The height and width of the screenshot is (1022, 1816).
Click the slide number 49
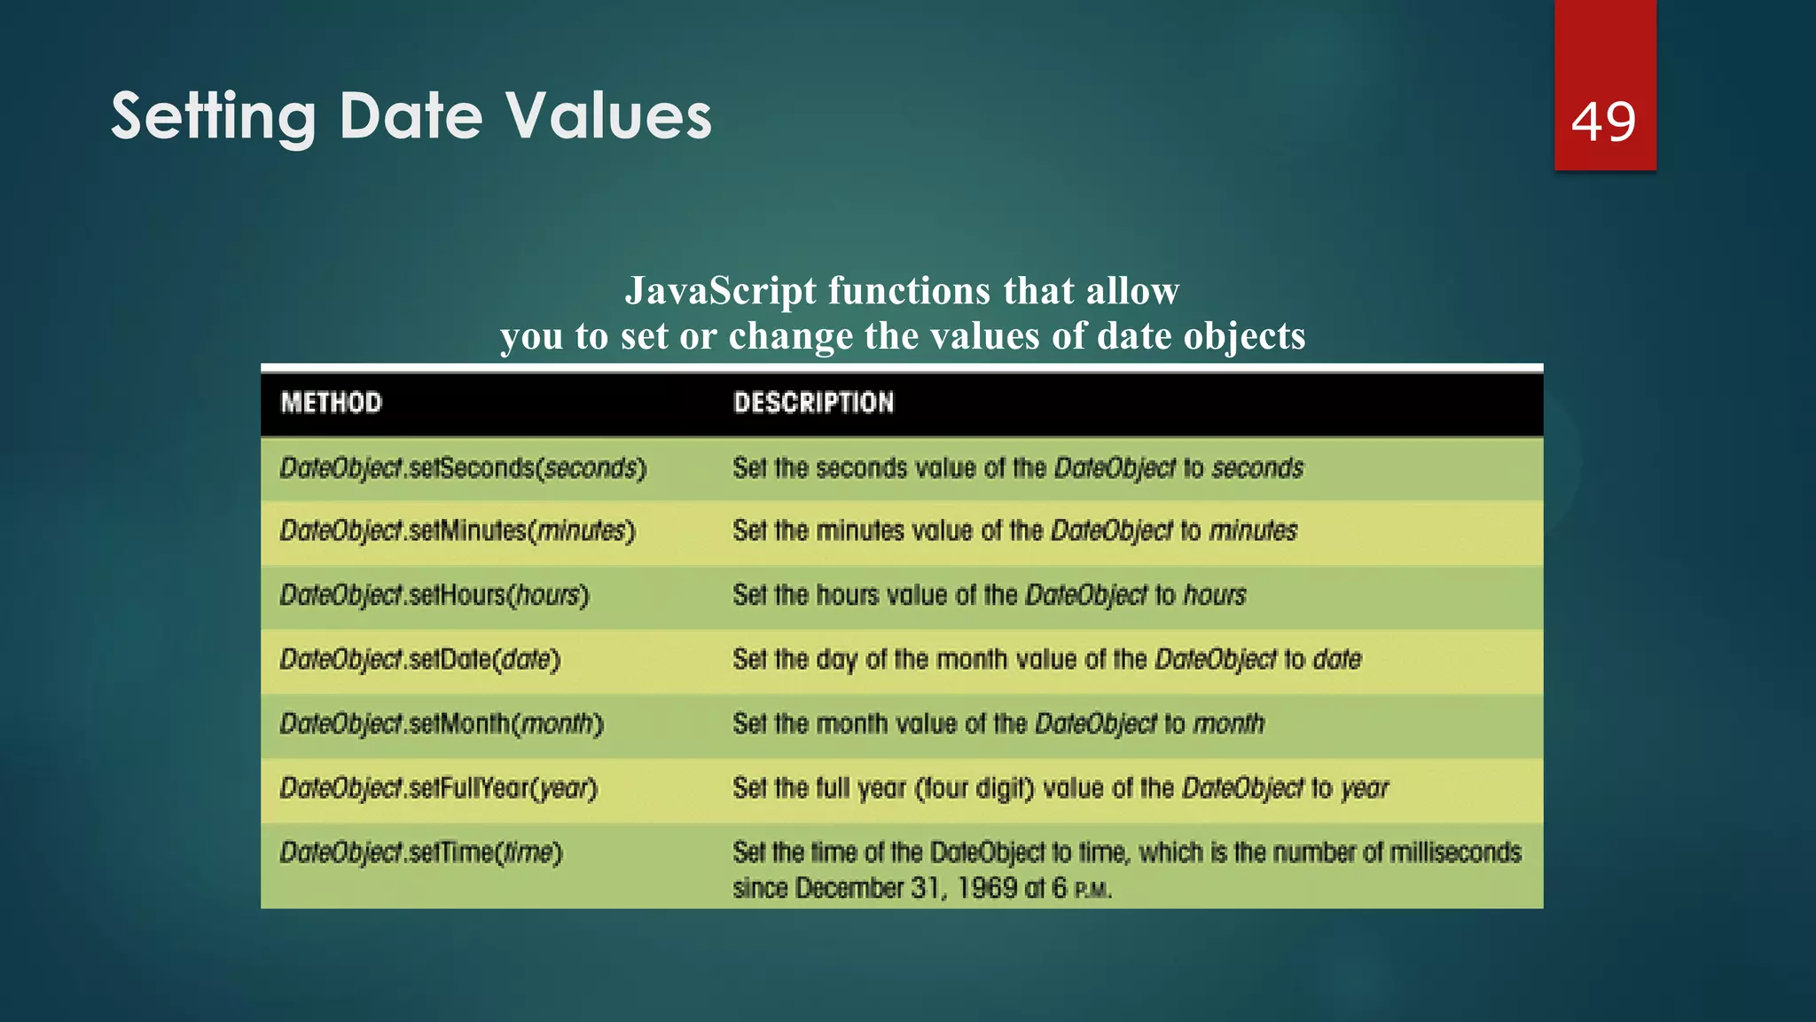[1603, 122]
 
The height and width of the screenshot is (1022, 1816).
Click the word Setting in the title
[213, 116]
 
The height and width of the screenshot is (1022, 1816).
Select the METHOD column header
[332, 403]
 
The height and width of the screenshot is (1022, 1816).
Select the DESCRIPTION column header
[813, 403]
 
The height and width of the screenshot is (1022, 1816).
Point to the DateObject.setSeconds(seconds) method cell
[463, 468]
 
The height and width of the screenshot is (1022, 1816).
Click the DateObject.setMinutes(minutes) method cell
[458, 531]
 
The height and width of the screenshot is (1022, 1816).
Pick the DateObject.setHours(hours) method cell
[434, 595]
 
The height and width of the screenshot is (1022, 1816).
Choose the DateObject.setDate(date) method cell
[420, 660]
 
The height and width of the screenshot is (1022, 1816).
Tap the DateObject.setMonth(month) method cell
[442, 724]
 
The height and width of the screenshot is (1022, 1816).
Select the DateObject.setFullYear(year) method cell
[439, 788]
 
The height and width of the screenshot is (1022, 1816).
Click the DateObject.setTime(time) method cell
[421, 853]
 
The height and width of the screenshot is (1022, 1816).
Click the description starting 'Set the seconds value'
[1017, 468]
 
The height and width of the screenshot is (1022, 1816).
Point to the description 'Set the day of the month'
[1046, 660]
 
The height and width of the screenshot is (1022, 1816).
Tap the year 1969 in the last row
[987, 888]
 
